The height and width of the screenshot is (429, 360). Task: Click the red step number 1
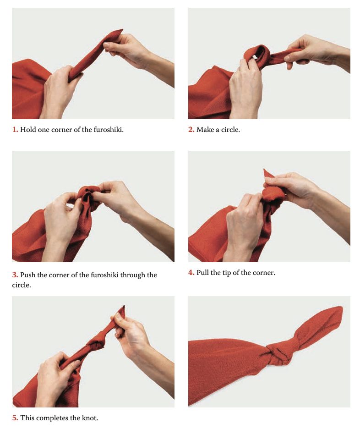[x=15, y=129]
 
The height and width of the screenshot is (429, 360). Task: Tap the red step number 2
[x=191, y=129]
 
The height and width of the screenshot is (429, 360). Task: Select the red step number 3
[x=15, y=275]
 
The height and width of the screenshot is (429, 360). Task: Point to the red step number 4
[x=191, y=273]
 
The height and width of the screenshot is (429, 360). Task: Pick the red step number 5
[x=15, y=418]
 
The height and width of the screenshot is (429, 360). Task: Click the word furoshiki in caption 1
[x=109, y=129]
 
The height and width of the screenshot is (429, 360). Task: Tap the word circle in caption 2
[x=230, y=129]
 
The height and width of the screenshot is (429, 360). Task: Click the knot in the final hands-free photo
[x=279, y=355]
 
